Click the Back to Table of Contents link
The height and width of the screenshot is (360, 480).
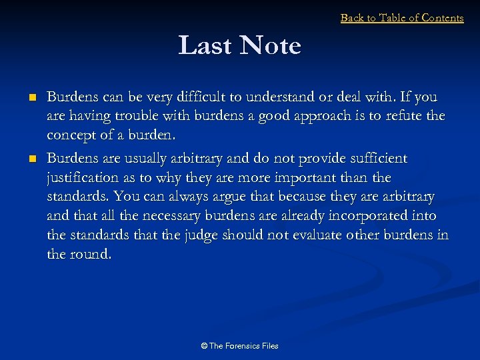pyautogui.click(x=401, y=18)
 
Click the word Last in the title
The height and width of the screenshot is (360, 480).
pyautogui.click(x=205, y=46)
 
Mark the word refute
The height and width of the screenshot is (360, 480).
pyautogui.click(x=398, y=117)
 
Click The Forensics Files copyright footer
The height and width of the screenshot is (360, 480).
pyautogui.click(x=239, y=345)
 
